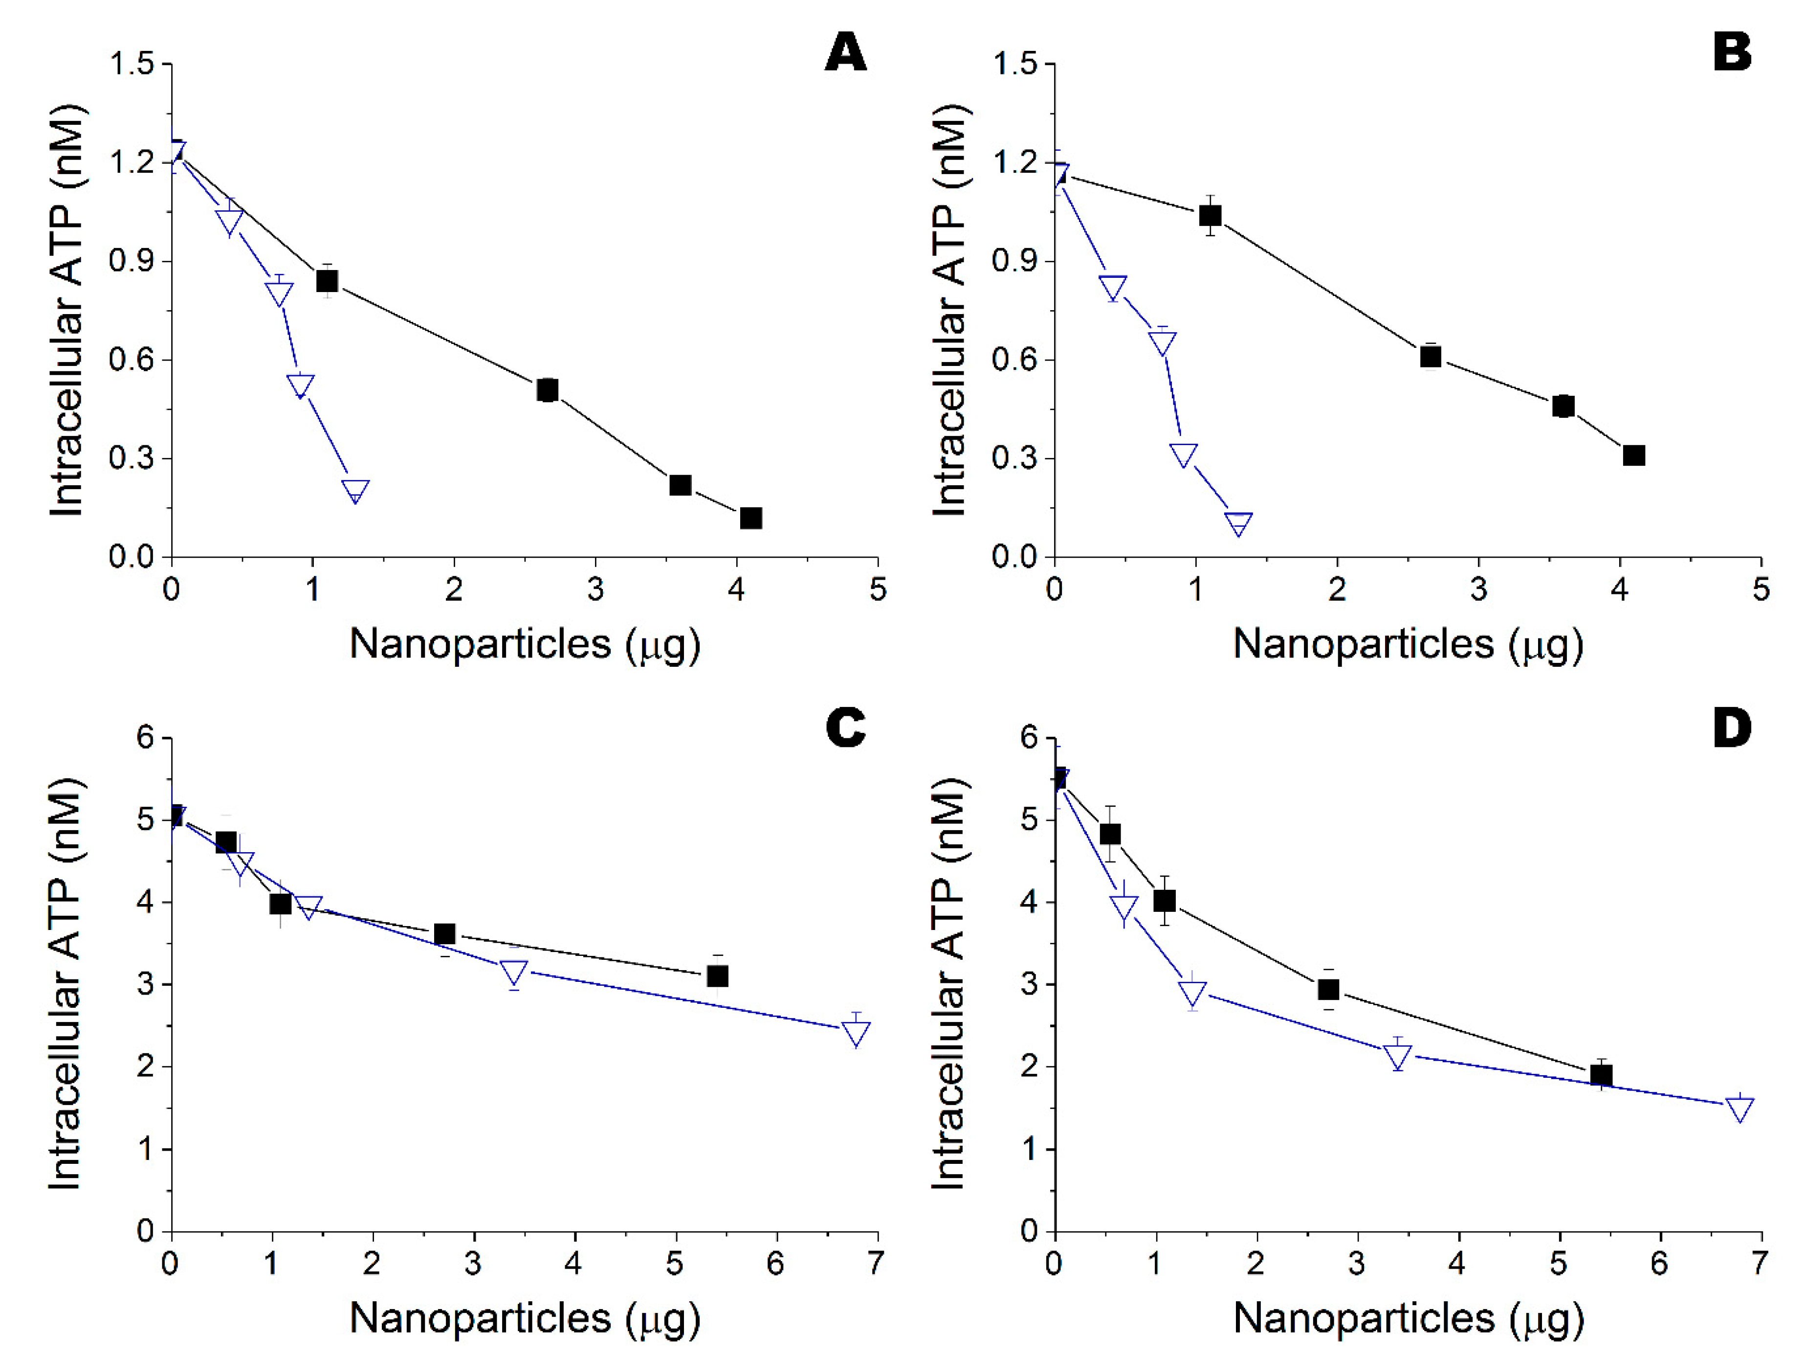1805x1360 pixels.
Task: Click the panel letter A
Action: click(x=845, y=54)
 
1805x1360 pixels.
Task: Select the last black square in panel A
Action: click(x=751, y=519)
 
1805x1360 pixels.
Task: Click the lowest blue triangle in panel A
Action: click(x=355, y=491)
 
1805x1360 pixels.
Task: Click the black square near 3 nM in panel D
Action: click(x=1328, y=989)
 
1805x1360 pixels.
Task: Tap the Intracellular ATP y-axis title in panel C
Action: click(x=67, y=984)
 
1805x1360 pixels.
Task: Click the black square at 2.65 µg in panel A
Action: click(x=547, y=390)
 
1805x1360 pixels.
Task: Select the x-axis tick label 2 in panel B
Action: click(x=1337, y=589)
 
